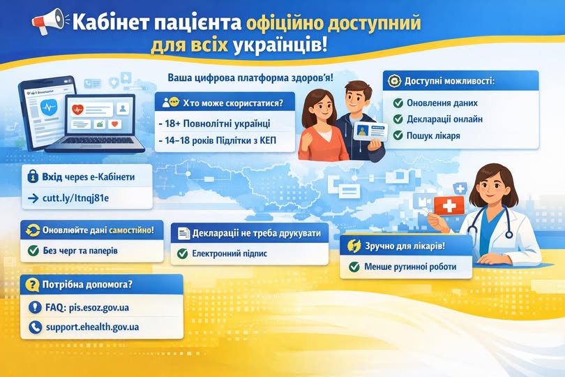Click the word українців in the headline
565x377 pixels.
[280, 46]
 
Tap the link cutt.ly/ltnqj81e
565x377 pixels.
[75, 198]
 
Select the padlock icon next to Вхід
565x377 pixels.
[33, 177]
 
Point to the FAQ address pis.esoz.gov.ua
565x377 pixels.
[99, 308]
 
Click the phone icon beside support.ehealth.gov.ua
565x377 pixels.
[35, 327]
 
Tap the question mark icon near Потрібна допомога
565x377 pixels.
[32, 285]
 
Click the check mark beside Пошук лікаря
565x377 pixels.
[398, 135]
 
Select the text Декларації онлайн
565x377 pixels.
[444, 119]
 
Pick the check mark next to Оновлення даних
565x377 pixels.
[398, 103]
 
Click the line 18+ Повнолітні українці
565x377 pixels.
[215, 124]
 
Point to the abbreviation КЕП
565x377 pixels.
[268, 140]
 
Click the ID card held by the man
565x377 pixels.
[370, 132]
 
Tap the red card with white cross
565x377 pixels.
[449, 206]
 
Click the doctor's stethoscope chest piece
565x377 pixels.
[509, 235]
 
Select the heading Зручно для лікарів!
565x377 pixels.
[405, 246]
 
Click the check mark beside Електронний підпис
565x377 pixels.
[182, 253]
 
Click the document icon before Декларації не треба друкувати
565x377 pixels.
[183, 234]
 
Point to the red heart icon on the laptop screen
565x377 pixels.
[78, 109]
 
